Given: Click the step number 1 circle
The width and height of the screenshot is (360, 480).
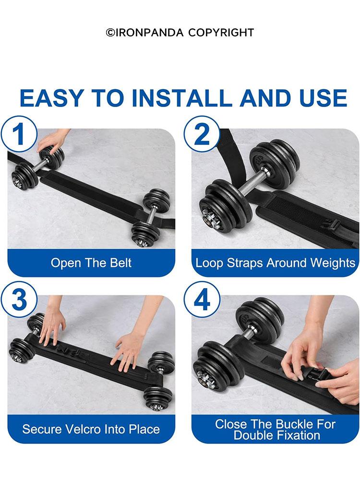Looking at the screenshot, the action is [x=19, y=134].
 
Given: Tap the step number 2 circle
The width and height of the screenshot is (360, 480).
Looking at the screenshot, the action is [x=202, y=134].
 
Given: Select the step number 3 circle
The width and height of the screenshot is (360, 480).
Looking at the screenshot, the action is [x=19, y=300].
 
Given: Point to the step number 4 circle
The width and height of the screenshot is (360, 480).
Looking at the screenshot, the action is [x=202, y=300].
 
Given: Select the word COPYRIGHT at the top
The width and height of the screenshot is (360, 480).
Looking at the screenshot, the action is [x=221, y=33].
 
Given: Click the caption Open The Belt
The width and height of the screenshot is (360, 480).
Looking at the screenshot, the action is [x=91, y=263].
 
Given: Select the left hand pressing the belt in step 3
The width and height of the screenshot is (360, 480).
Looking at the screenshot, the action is [x=52, y=326].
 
